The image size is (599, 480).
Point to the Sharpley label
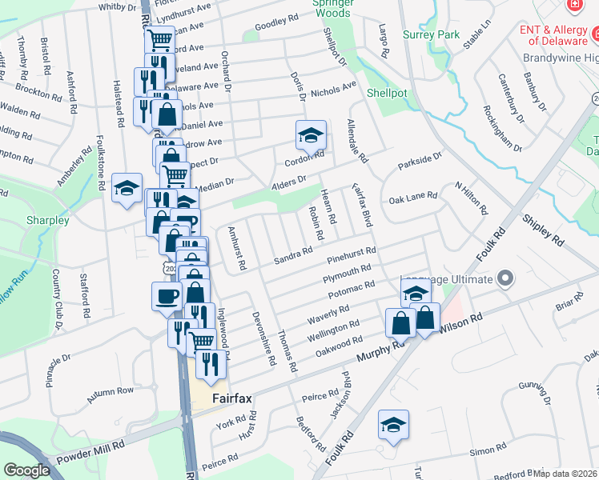[x=46, y=220]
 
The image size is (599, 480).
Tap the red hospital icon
[x=573, y=6]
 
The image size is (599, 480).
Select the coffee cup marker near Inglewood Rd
[x=167, y=296]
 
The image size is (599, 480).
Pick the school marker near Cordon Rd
[x=311, y=135]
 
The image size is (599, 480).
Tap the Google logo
[x=26, y=470]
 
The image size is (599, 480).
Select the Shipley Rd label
[x=545, y=226]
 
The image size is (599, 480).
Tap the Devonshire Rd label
[x=263, y=339]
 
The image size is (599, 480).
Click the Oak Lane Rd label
[x=412, y=197]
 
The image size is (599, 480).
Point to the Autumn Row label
[x=111, y=392]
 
